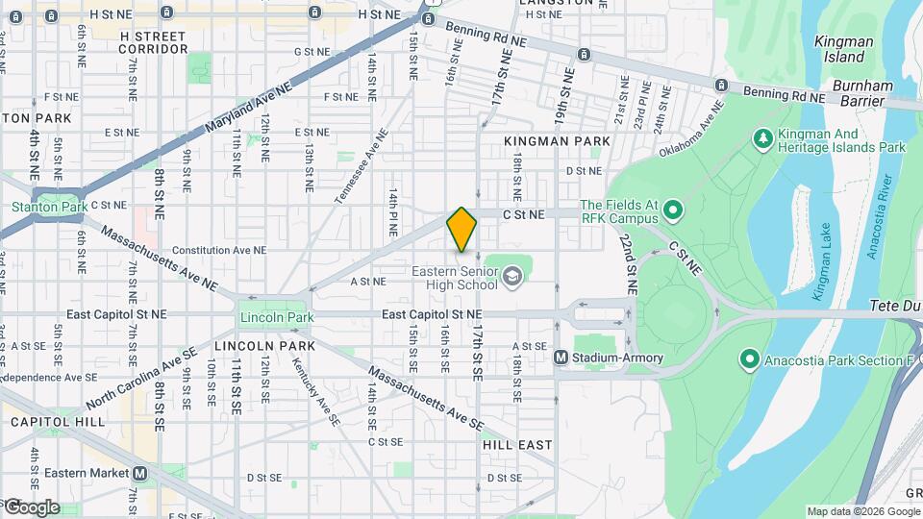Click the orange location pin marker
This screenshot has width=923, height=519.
coord(461,230)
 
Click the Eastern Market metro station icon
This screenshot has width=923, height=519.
coord(140,473)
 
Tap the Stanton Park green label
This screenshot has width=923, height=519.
coord(49,207)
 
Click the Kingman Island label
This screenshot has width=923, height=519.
coord(843,49)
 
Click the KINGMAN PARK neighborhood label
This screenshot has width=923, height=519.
coord(557,141)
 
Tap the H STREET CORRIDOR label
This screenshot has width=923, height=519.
coord(154,41)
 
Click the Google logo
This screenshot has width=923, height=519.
coord(31,507)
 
